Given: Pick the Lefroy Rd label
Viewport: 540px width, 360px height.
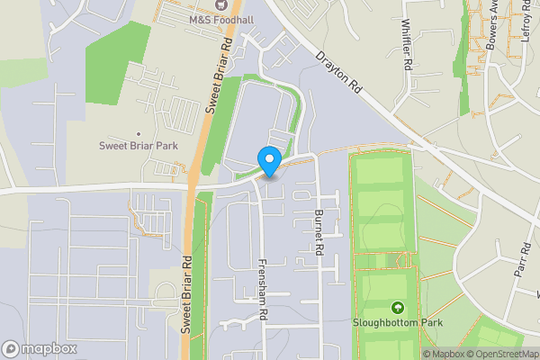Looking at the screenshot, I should pos(526,21).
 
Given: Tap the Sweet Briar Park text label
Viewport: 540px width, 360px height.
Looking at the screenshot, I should pos(138,146).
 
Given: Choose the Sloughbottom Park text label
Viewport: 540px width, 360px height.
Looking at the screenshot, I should pos(399,321).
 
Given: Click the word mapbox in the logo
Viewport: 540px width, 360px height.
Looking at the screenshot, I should pos(49,348).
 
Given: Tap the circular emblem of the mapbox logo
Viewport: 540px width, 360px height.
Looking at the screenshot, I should pos(11,348).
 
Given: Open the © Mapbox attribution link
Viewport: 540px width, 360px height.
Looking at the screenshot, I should pos(443,354).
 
